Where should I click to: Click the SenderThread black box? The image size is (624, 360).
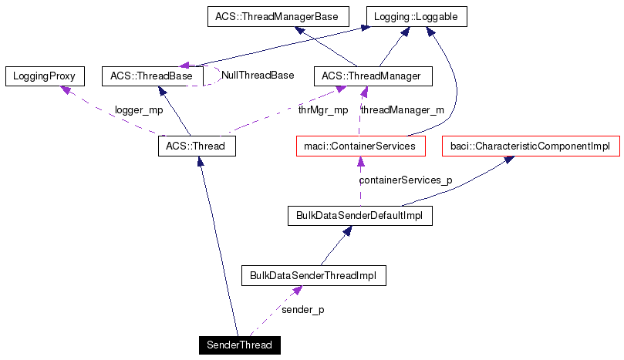pyautogui.click(x=239, y=345)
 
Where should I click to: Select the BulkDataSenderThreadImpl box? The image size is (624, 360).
pyautogui.click(x=313, y=276)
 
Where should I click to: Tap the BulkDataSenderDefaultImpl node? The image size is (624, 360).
pyautogui.click(x=359, y=216)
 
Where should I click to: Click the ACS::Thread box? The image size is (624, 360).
pyautogui.click(x=197, y=146)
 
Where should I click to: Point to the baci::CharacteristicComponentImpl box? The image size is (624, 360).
pyautogui.click(x=530, y=146)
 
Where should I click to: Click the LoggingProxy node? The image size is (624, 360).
pyautogui.click(x=44, y=76)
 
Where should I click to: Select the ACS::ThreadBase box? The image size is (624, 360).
pyautogui.click(x=152, y=76)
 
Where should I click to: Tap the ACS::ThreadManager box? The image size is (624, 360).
pyautogui.click(x=373, y=76)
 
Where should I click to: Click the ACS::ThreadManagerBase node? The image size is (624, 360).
pyautogui.click(x=278, y=16)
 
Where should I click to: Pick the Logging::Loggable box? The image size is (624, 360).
pyautogui.click(x=417, y=16)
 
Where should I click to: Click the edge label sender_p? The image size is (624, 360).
pyautogui.click(x=303, y=309)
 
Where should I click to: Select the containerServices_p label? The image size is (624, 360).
pyautogui.click(x=406, y=180)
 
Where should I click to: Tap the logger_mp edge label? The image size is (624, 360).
pyautogui.click(x=139, y=110)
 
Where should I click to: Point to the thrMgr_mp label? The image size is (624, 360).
pyautogui.click(x=323, y=110)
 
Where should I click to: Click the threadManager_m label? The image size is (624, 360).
pyautogui.click(x=403, y=110)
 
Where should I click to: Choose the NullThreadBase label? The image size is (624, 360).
pyautogui.click(x=258, y=76)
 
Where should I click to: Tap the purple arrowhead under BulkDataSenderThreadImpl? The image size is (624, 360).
pyautogui.click(x=296, y=290)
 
